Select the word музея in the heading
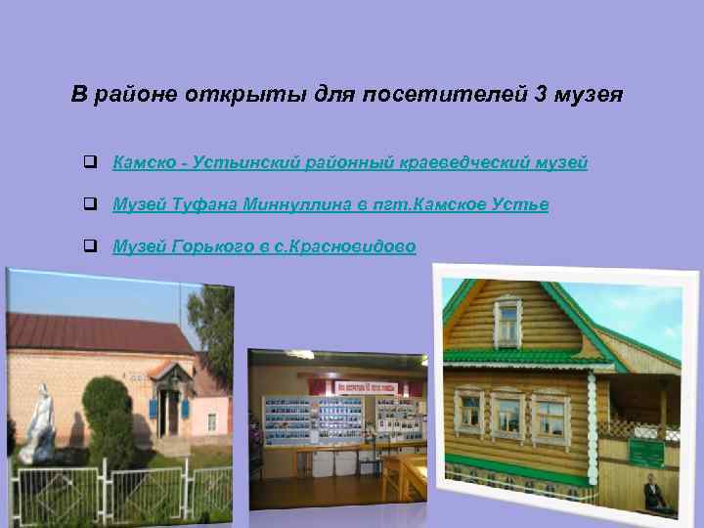(587, 96)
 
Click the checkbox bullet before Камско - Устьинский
(89, 162)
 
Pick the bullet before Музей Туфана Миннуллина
(89, 204)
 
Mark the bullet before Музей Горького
(89, 246)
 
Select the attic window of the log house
(507, 323)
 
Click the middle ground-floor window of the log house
(507, 416)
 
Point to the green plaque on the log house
(643, 453)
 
